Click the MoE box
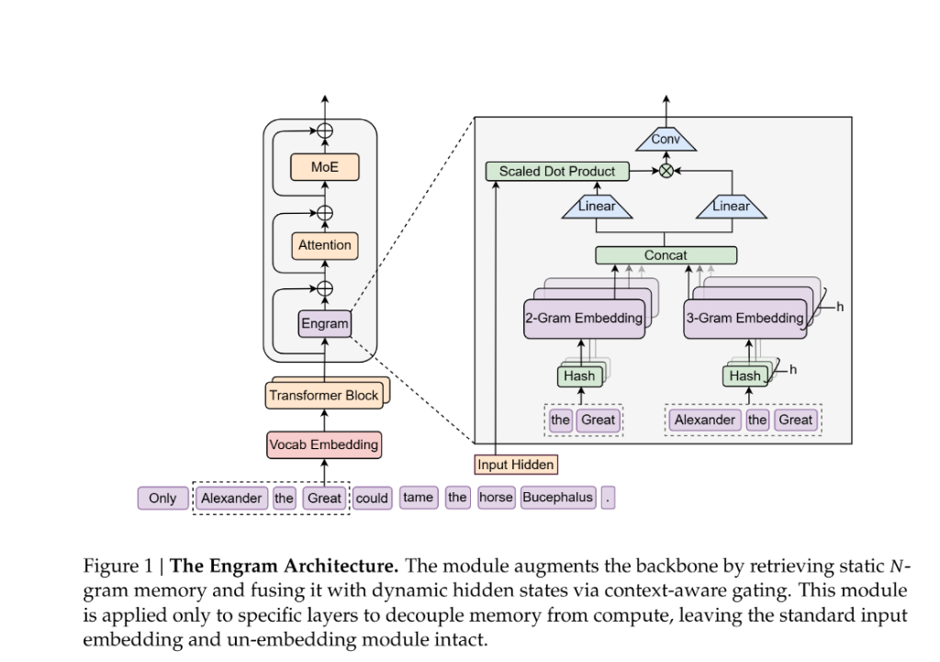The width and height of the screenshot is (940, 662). pos(324,167)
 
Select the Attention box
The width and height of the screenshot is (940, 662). pos(324,245)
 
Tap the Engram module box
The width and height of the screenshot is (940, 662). pos(325,324)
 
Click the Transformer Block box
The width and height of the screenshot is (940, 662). pos(323,396)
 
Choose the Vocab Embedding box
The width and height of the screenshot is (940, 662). pos(323,444)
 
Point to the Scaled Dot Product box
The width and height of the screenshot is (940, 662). pos(557,171)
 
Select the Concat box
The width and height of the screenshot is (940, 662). pos(666,255)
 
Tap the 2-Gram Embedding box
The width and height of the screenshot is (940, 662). pos(584,319)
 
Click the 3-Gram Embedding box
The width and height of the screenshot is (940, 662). pos(744,319)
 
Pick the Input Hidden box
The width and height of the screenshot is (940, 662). pos(516,465)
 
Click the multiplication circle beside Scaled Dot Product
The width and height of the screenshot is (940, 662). pos(666,171)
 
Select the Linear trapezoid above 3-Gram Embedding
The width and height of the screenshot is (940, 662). pos(732,207)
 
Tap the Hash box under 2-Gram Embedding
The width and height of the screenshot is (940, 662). pos(579,376)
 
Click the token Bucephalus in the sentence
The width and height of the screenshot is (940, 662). pos(558,498)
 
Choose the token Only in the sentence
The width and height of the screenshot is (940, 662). pos(162,499)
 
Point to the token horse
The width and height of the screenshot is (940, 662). pos(496,498)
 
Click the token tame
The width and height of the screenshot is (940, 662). pos(418,498)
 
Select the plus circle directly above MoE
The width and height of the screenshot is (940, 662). pos(324,130)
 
